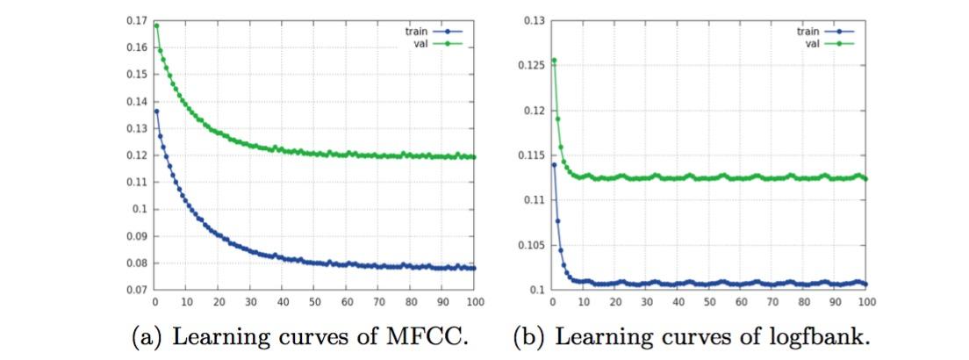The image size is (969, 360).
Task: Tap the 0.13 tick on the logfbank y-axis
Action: pyautogui.click(x=531, y=19)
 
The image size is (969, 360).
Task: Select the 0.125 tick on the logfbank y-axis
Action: pyautogui.click(x=528, y=64)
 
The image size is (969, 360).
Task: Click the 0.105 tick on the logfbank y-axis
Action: pyautogui.click(x=528, y=245)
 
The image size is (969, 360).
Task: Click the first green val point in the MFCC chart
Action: pyautogui.click(x=156, y=25)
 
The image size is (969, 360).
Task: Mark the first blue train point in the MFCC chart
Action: pyautogui.click(x=156, y=111)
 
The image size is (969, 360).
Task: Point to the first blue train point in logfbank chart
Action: pyautogui.click(x=554, y=164)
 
